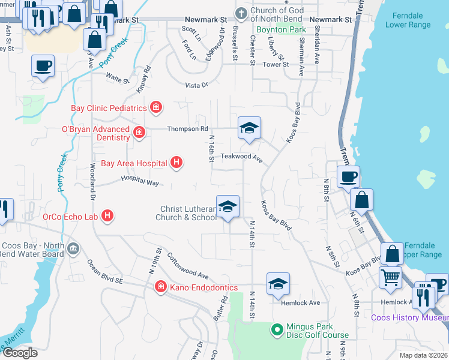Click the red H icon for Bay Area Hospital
point(176,162)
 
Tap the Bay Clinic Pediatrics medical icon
point(156,107)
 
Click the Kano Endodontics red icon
point(160,287)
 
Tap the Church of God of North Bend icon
point(241,13)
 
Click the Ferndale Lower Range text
point(411,20)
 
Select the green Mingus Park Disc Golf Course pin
point(277,329)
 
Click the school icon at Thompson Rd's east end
point(249,128)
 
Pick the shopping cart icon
point(391,278)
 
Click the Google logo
point(20,353)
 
